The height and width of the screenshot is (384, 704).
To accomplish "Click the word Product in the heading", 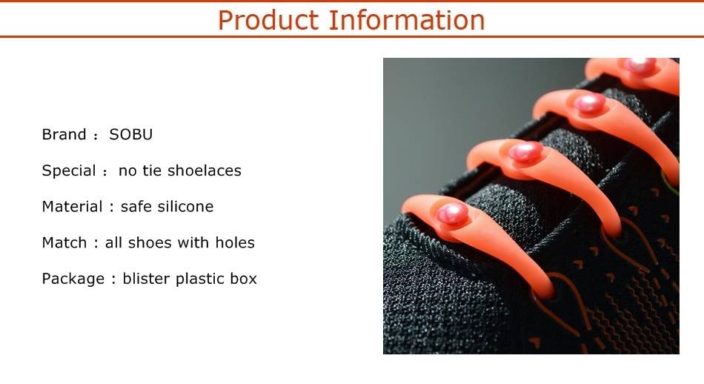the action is coord(268,20).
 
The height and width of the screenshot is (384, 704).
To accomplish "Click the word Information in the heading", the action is coord(407,20).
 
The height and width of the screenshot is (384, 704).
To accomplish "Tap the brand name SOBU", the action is coord(130,134).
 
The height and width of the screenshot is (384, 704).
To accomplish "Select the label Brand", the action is coord(64,134).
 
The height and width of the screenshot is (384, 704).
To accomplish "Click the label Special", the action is coord(69,171).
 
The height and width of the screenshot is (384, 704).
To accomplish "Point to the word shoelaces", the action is coord(205,171).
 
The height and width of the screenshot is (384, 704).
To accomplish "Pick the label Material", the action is coord(73,207).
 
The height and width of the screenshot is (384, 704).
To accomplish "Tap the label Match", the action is coord(64,242).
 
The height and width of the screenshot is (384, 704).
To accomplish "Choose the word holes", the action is coord(235,242).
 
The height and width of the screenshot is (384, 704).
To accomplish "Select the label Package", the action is coord(73,279).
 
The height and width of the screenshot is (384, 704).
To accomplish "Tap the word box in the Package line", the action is coord(243,279).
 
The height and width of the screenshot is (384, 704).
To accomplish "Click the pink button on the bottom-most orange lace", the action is coord(453,213).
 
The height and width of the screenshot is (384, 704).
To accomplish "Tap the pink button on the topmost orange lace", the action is coord(640,65).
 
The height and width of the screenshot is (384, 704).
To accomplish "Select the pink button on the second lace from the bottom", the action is coord(525,152).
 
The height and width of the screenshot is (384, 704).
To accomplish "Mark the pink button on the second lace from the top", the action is coord(590,103).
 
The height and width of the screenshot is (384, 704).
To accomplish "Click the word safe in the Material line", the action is coord(133,207).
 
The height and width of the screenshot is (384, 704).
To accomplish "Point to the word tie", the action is coord(152,171).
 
